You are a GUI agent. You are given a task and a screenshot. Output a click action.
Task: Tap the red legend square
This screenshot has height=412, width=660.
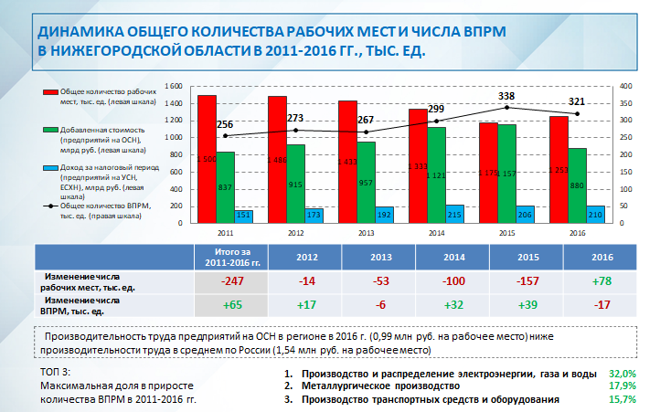coord(47,93)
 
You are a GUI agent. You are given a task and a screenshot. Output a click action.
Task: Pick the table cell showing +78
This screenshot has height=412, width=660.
coord(601,280)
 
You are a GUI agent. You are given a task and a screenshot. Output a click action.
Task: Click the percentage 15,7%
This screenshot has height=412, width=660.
coord(623,399)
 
